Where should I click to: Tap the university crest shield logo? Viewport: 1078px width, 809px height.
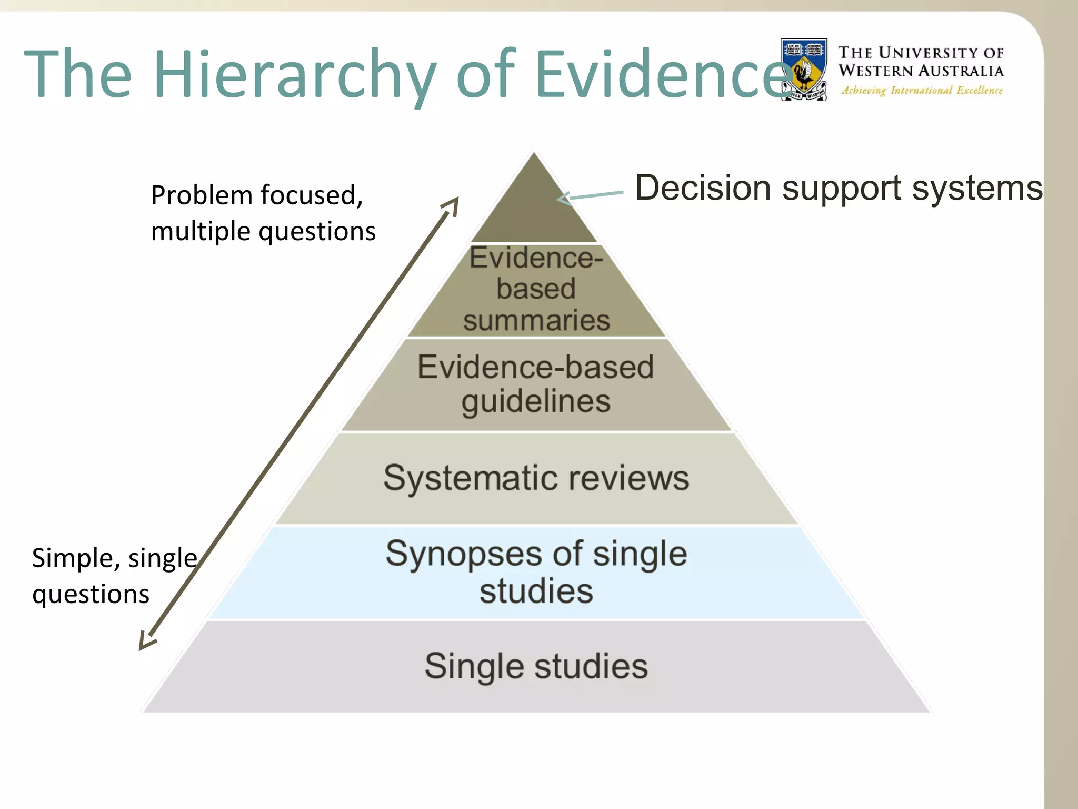(804, 69)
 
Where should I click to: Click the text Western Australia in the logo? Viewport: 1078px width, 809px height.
(921, 71)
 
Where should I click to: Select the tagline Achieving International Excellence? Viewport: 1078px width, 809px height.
(922, 91)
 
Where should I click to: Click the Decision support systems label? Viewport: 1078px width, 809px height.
(839, 188)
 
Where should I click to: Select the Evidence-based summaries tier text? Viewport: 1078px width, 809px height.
(536, 289)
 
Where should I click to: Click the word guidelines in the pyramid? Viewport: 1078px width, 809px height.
(536, 401)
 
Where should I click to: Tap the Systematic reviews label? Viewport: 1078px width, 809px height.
(536, 478)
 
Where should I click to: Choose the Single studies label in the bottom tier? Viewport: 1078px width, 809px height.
(536, 666)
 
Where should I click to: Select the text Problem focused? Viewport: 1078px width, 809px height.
(257, 195)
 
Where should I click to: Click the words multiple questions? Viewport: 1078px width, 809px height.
(263, 231)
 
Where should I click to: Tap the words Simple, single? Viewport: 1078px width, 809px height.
(114, 557)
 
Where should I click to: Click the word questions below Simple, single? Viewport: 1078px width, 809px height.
(91, 594)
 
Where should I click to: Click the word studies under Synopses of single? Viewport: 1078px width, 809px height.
(536, 591)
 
